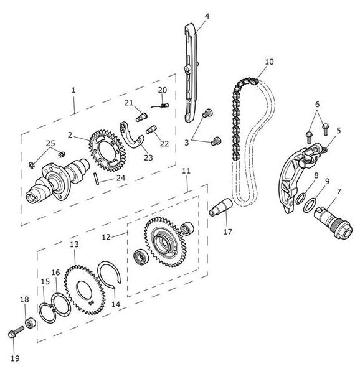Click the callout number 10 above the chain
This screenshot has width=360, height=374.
coord(269,62)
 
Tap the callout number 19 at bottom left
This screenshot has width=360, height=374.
coord(15,358)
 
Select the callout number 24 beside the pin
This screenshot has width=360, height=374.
coord(121,178)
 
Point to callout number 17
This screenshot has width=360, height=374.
coord(227,231)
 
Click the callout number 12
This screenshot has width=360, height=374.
coord(107,237)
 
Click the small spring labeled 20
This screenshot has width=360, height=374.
coord(161,105)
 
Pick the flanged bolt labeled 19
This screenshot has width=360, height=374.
coord(16,332)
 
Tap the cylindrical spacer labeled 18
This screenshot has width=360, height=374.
coord(31,323)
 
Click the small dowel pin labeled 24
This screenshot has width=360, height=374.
coord(97,179)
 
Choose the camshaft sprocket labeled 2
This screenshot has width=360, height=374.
coord(107,151)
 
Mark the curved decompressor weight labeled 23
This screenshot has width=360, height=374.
coord(131,137)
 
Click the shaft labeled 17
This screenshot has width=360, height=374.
coord(220,207)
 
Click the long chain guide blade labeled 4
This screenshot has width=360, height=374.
coord(191,73)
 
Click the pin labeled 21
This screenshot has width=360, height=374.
coord(141,116)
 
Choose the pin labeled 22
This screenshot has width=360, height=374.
coord(151,129)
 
